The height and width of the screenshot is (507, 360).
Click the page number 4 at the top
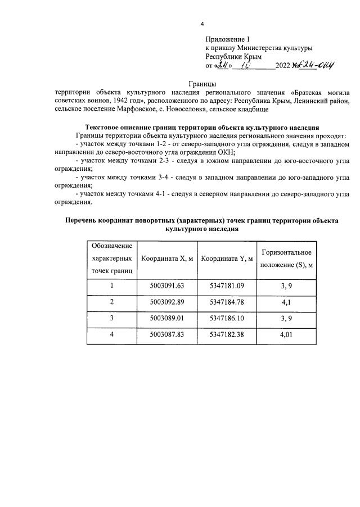pyautogui.click(x=202, y=24)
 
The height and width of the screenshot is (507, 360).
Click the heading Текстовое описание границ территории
pyautogui.click(x=202, y=128)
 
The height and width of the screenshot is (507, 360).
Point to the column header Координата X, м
pyautogui.click(x=167, y=259)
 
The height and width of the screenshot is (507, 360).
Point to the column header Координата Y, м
pyautogui.click(x=227, y=259)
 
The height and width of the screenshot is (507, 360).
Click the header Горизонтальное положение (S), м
pyautogui.click(x=286, y=259)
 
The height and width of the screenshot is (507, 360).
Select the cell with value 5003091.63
pyautogui.click(x=167, y=286)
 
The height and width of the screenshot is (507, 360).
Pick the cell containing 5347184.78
pyautogui.click(x=227, y=302)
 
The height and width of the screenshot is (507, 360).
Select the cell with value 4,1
pyautogui.click(x=286, y=302)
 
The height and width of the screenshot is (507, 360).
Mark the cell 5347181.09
pyautogui.click(x=227, y=286)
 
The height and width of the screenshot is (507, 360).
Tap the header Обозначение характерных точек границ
pyautogui.click(x=111, y=259)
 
